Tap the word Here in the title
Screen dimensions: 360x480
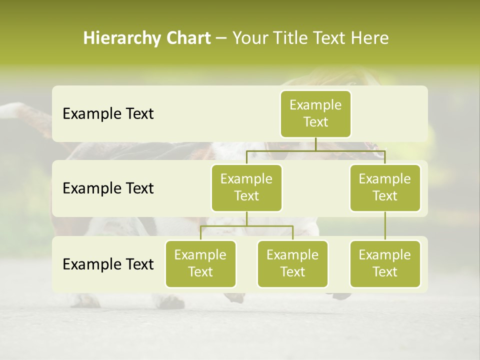(x=369, y=38)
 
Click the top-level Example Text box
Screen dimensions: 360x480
(x=315, y=114)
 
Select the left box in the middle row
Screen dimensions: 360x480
(x=246, y=188)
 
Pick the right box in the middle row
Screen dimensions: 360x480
(x=385, y=188)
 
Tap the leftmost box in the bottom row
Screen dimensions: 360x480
(x=200, y=264)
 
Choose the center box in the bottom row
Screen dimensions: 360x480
(x=292, y=264)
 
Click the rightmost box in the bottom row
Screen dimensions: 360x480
(x=385, y=264)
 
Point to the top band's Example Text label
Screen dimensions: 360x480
(x=108, y=114)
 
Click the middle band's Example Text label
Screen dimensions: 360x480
(x=108, y=188)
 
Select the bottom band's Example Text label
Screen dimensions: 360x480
(x=108, y=264)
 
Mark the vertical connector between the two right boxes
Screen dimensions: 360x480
(x=385, y=226)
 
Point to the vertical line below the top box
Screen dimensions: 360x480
(x=315, y=144)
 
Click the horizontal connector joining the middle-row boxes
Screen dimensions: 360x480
(x=315, y=150)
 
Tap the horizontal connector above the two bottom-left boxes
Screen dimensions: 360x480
(x=246, y=226)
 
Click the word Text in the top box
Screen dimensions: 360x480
(x=315, y=122)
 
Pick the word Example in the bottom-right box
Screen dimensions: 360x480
(x=385, y=255)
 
